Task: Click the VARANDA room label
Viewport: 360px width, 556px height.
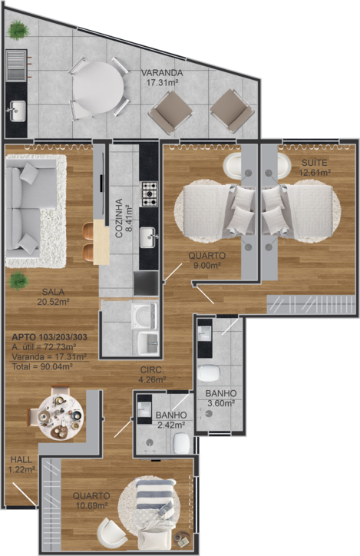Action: pyautogui.click(x=162, y=73)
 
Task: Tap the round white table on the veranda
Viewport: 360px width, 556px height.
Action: pyautogui.click(x=98, y=88)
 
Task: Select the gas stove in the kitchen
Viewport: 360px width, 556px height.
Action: pyautogui.click(x=150, y=194)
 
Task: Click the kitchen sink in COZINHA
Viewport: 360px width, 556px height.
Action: pyautogui.click(x=147, y=237)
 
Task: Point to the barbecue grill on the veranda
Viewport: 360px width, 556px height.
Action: pyautogui.click(x=16, y=65)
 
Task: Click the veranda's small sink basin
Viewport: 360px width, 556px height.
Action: pyautogui.click(x=18, y=111)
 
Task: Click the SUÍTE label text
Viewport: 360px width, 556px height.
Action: pyautogui.click(x=314, y=163)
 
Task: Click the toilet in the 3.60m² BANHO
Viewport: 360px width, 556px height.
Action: pyautogui.click(x=208, y=373)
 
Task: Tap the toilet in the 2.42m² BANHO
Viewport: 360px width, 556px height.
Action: pyautogui.click(x=181, y=443)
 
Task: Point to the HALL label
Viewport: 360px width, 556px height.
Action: pyautogui.click(x=21, y=460)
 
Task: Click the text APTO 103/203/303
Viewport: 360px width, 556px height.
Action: pyautogui.click(x=50, y=337)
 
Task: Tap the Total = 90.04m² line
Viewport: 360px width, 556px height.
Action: pyautogui.click(x=42, y=366)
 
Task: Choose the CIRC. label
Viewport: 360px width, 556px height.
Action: pyautogui.click(x=152, y=370)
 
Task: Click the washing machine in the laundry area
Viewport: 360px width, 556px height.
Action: pyautogui.click(x=144, y=315)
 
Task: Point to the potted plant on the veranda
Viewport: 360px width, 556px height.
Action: pyautogui.click(x=18, y=30)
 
